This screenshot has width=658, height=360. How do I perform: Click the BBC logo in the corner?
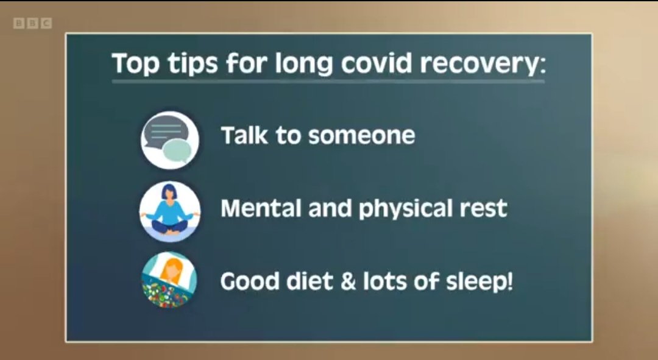click(x=33, y=23)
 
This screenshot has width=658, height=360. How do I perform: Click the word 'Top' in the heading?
click(x=135, y=63)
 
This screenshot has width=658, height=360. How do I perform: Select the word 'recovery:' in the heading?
click(x=483, y=64)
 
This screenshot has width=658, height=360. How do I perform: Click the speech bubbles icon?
click(x=170, y=140)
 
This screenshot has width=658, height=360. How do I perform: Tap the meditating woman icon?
click(x=170, y=211)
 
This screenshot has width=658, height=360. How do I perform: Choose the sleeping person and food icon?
click(x=169, y=280)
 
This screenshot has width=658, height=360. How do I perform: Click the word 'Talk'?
click(x=244, y=135)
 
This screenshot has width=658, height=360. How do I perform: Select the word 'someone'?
click(x=361, y=136)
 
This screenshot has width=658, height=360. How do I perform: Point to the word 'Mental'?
click(x=261, y=208)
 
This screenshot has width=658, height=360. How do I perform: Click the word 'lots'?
click(x=384, y=281)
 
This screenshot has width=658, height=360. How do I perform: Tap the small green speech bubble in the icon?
click(x=177, y=151)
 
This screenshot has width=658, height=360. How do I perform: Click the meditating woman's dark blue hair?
click(x=168, y=191)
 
